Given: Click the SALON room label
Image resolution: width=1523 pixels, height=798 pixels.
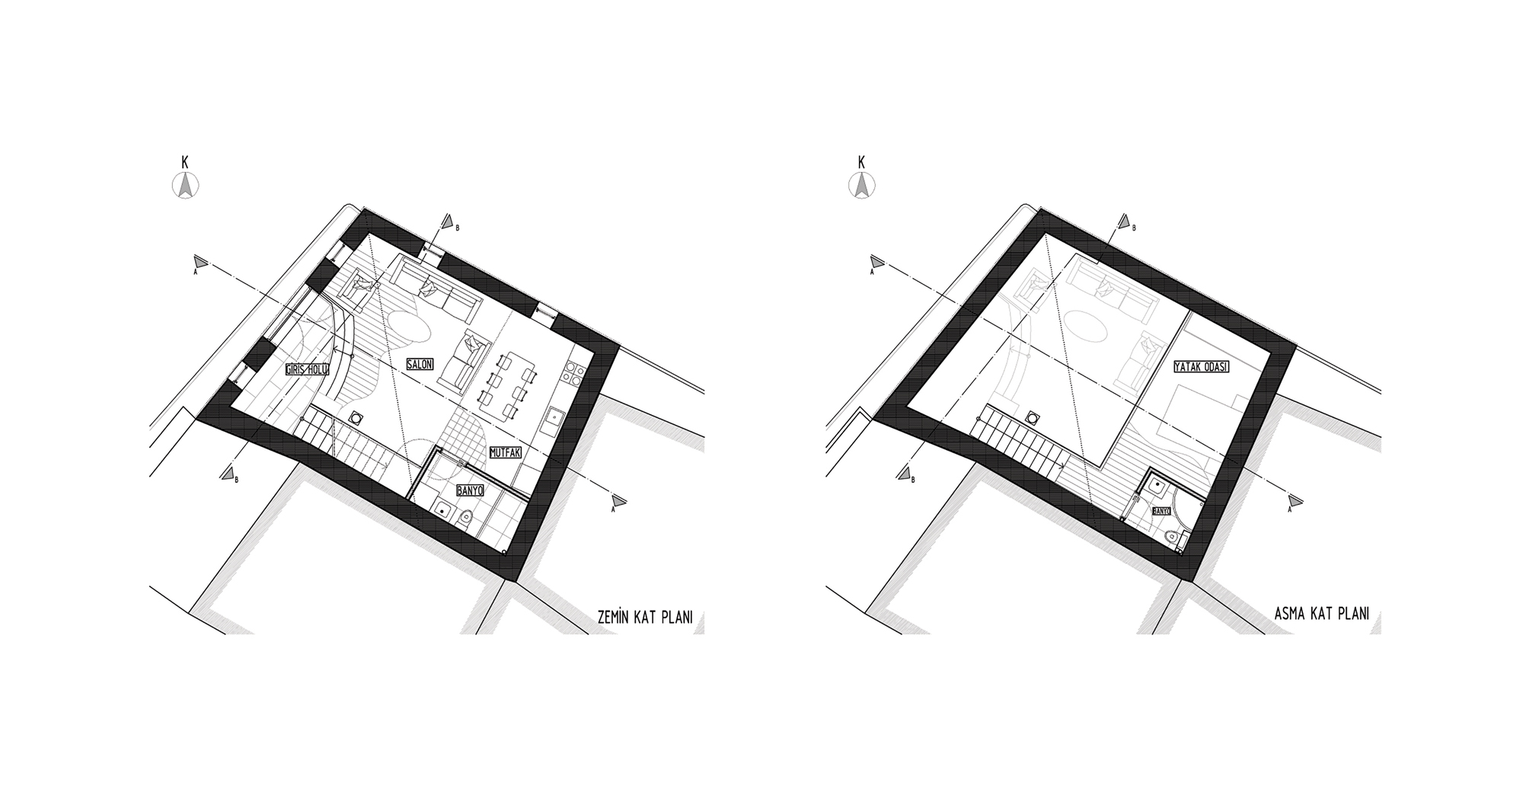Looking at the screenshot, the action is coord(420,364).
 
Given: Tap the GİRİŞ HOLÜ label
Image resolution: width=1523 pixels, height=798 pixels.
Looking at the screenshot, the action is coord(307,370).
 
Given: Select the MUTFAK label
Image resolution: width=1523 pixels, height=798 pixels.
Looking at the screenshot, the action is coord(505,452).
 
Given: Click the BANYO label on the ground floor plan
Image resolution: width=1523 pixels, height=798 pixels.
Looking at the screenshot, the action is coord(470,490).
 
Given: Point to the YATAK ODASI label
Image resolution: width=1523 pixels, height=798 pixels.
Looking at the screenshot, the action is coord(1202,367).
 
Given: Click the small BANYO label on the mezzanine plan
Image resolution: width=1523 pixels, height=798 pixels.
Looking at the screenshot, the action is coord(1161,511).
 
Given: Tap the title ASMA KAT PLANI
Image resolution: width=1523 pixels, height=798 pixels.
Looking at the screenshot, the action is coord(1321,614).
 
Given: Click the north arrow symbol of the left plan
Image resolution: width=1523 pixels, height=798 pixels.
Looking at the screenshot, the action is coord(185,185).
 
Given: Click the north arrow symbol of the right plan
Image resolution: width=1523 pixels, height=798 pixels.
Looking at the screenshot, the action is coord(861,185).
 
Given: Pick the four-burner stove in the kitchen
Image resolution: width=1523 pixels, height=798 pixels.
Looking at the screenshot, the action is coord(573,373).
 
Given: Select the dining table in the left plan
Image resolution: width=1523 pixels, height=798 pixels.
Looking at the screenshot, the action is coord(509,387).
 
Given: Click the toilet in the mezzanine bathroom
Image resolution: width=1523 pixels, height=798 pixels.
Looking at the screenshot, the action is coord(1180,538).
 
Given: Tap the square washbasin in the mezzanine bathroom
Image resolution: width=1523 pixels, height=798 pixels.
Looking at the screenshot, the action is coord(1157,484).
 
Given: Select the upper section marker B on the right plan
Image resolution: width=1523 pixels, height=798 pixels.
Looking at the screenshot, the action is coord(1125,222).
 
